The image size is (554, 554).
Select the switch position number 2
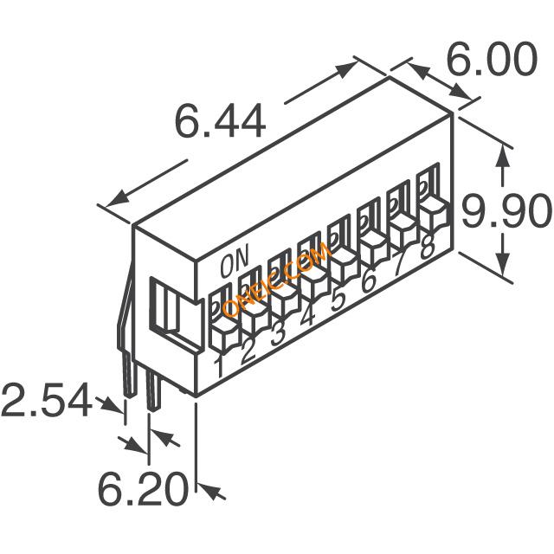248,351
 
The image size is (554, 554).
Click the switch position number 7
397,264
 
